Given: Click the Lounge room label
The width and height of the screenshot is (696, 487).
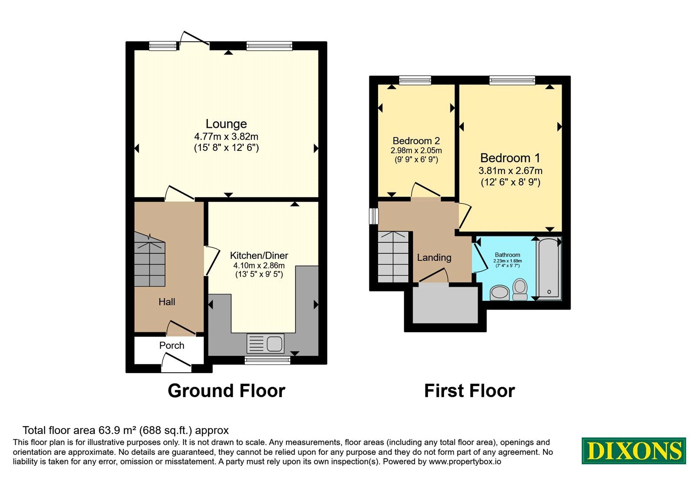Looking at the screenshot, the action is point(226,124).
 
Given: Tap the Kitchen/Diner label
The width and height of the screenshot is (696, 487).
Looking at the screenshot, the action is point(259,256).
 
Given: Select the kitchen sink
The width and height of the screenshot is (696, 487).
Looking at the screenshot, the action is point(266,343).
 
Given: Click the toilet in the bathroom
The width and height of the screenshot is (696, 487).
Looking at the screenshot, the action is point(520,289).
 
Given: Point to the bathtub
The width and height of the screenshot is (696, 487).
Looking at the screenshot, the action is point(549,269).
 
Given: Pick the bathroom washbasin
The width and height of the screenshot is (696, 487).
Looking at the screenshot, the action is point(500,293).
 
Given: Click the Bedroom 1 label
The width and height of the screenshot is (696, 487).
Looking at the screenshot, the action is point(510,158).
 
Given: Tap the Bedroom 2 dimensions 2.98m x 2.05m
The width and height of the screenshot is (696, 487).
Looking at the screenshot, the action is point(416,150).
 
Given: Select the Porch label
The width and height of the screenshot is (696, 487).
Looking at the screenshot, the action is point(171,345).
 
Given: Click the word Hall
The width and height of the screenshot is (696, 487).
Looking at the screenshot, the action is point(167,302).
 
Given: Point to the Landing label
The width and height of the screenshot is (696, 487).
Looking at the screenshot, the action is point(434,257).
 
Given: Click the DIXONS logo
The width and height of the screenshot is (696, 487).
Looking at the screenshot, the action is point(633,450).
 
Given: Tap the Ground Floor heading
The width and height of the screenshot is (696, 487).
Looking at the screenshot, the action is point(227,391).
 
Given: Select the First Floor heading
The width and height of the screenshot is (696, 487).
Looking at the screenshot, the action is point(469,391).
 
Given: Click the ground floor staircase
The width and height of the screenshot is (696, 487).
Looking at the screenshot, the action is point(150,259).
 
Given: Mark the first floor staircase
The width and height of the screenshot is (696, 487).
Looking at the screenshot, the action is point(393,257).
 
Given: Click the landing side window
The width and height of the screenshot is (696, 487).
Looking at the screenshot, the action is point(374,216).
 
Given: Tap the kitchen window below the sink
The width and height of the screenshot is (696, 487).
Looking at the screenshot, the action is point(267,360).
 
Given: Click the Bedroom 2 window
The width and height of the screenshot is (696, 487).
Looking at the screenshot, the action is point(415,80).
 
